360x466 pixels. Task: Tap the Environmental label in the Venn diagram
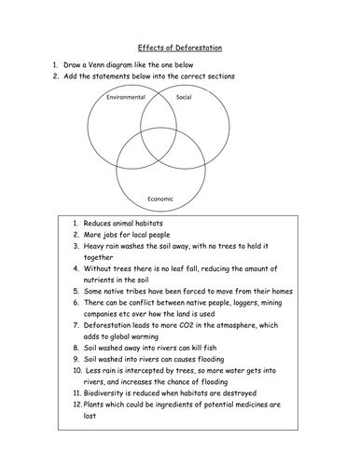point(126,97)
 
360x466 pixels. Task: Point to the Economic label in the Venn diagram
point(161,198)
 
